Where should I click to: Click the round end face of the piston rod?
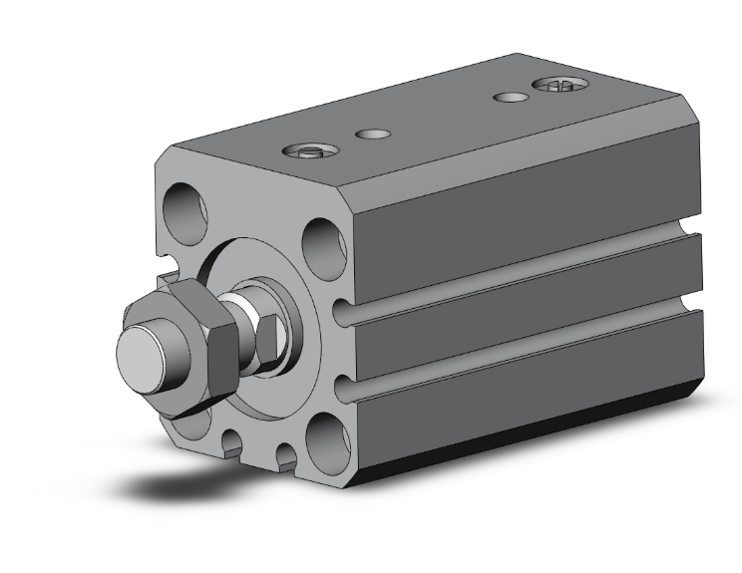click(x=141, y=356)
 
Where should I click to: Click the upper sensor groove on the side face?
click(x=519, y=278)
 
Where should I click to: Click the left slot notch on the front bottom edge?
click(x=231, y=445)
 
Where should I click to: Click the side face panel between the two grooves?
click(x=519, y=314)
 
